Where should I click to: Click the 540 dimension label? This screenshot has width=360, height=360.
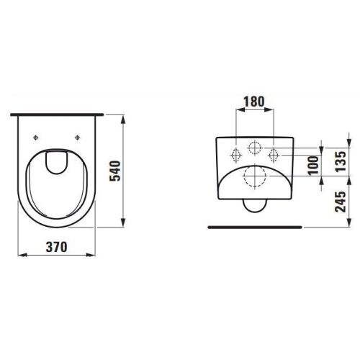click(115, 171)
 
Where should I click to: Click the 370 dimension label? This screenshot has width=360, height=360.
click(57, 247)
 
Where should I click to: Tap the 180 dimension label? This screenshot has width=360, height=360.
click(254, 102)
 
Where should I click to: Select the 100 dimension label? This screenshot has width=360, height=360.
click(313, 166)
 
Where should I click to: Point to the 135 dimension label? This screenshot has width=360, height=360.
click(341, 161)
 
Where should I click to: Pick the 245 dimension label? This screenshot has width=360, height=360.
click(341, 202)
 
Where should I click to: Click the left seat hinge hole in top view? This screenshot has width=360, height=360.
click(36, 138)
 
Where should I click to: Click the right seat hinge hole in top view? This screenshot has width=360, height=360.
click(77, 138)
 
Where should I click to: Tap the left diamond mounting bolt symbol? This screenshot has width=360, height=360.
click(235, 156)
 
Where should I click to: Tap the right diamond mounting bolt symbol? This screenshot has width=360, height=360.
click(273, 156)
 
